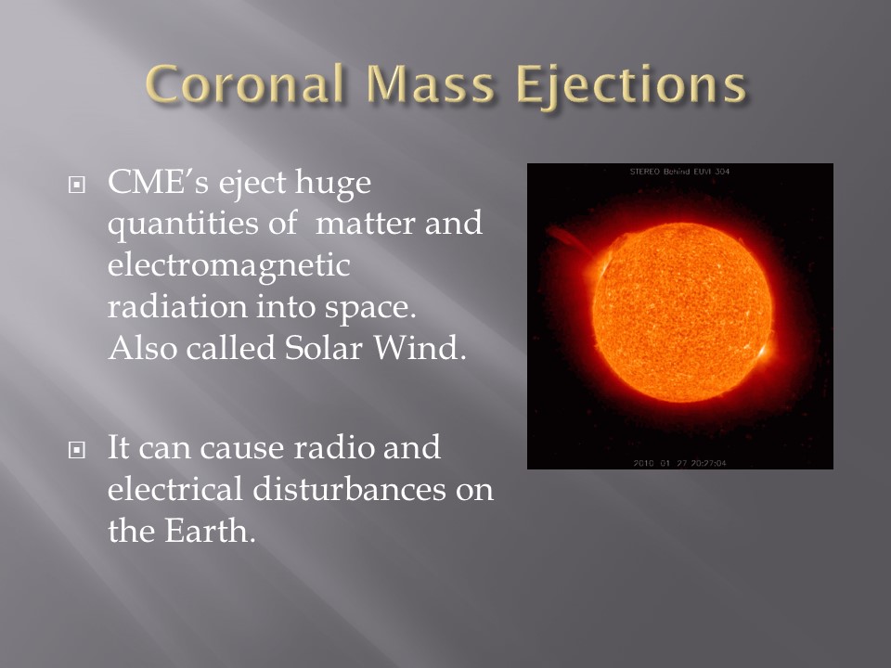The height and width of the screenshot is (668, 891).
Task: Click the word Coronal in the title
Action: [245, 83]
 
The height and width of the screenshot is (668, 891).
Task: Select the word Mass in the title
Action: [431, 83]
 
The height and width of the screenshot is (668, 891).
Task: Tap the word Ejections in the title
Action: [631, 85]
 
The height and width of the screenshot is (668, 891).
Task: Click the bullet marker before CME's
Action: [77, 185]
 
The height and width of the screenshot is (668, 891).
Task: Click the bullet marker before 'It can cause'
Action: [77, 450]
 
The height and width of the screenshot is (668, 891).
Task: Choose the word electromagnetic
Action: [228, 266]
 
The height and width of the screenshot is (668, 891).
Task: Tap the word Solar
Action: [323, 347]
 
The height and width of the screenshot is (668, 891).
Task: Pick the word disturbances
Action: [349, 489]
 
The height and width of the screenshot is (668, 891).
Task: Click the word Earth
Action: [210, 531]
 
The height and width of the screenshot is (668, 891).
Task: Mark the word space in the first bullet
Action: [370, 308]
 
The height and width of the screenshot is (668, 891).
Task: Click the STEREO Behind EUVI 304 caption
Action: [679, 171]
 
